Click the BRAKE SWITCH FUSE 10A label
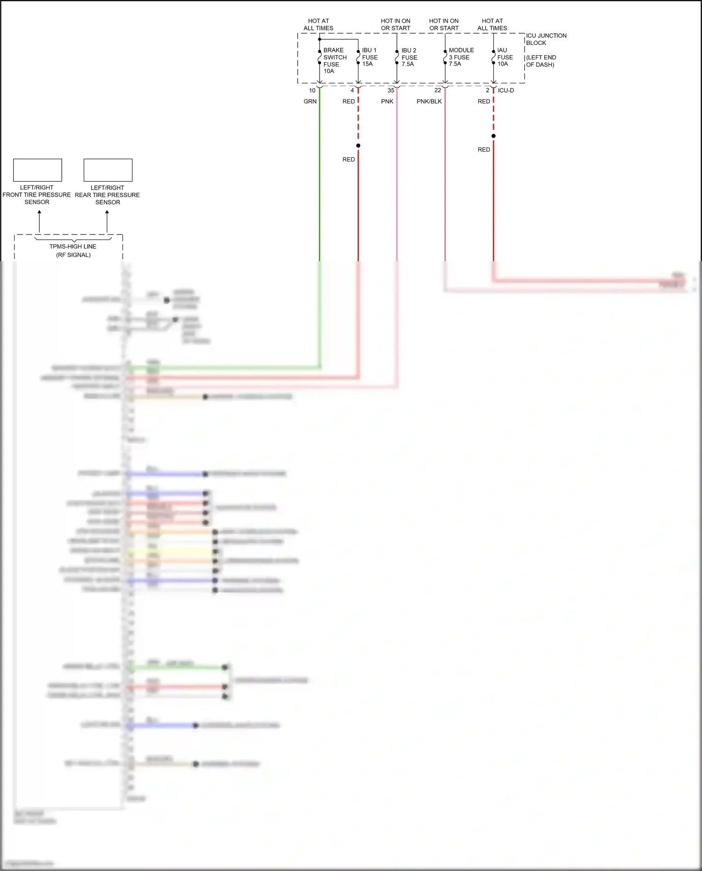pos(334,60)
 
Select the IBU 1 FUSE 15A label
pos(369,57)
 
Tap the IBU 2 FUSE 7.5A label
pos(409,57)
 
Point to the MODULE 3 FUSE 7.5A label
pos(461,57)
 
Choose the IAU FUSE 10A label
pos(505,57)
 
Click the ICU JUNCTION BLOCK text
pos(546,39)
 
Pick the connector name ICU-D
pos(505,90)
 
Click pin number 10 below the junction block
pos(312,90)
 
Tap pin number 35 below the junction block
pos(391,90)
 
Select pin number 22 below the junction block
pos(438,90)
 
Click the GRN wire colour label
pos(310,102)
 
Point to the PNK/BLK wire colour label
pos(429,102)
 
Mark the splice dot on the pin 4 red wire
pos(358,146)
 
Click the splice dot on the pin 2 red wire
pos(493,136)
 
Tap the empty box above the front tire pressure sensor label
pos(37,170)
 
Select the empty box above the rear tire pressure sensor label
pos(108,170)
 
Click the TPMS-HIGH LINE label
pos(73,247)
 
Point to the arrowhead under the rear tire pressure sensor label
pos(107,212)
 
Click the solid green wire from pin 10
pos(320,187)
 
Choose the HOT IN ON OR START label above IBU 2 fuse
pos(395,24)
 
